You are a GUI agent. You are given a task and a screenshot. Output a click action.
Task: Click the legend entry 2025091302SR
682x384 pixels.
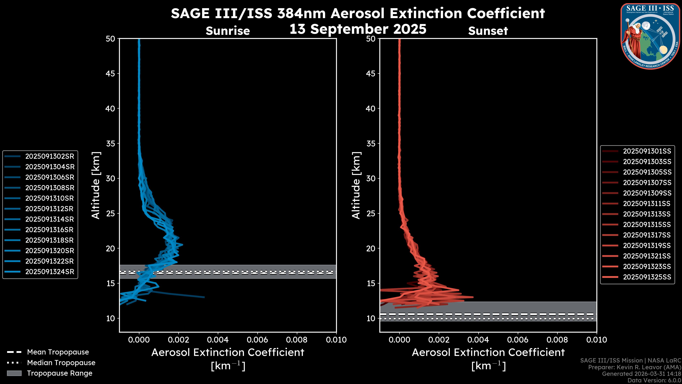[x=50, y=156]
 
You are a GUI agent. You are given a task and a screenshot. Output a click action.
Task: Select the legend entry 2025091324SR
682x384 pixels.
[x=50, y=272]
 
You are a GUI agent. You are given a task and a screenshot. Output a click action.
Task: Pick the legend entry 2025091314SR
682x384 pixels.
[x=50, y=219]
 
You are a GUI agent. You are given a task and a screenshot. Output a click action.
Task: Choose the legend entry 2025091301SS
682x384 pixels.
[x=647, y=151]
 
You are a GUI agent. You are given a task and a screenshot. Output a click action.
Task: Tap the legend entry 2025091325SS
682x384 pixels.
[x=647, y=277]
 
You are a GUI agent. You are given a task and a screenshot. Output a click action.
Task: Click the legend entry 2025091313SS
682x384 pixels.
[x=647, y=214]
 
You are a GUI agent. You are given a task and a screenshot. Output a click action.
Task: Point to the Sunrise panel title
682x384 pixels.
[x=228, y=31]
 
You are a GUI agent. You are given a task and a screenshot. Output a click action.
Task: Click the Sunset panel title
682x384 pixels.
[x=488, y=31]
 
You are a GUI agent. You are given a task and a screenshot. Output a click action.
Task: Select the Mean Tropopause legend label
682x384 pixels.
[x=58, y=352]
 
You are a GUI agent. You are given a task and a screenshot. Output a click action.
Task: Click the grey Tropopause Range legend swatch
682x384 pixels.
[x=14, y=373]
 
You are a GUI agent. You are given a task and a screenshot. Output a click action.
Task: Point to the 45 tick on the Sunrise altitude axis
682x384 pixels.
[x=110, y=73]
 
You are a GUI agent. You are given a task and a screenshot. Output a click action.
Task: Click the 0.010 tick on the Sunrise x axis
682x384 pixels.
[x=336, y=340]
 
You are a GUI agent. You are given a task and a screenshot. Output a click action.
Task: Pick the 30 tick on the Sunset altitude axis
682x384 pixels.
[x=371, y=178]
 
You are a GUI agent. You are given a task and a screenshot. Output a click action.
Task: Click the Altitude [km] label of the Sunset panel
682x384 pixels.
[x=356, y=185]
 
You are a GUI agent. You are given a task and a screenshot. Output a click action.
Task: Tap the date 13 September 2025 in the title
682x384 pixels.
[x=358, y=29]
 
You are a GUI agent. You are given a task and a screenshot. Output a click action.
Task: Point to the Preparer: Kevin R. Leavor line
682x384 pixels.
[x=634, y=367]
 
